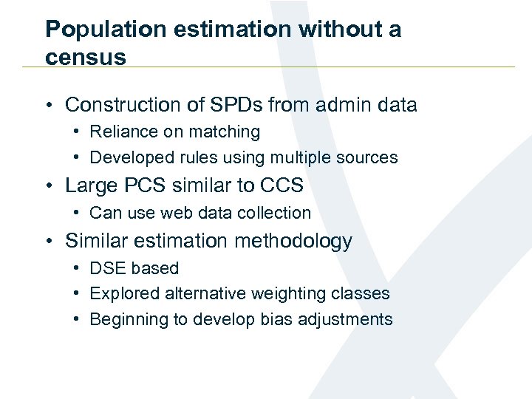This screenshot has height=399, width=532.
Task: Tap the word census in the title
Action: pos(86,57)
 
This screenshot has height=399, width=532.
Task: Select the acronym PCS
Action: pos(144,185)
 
